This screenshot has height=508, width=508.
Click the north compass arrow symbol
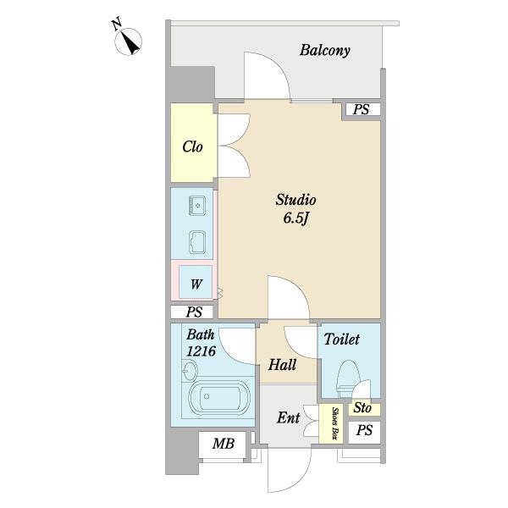coord(129,41)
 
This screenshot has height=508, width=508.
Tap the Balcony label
coord(324,50)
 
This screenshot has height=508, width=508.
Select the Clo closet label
coord(192,146)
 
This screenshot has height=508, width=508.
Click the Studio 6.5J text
coord(295,209)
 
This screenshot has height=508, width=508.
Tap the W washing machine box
coord(196,282)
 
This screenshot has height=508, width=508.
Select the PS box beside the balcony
coord(362,109)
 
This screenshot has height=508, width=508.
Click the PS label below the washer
coord(194,312)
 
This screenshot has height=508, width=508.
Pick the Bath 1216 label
coord(201,343)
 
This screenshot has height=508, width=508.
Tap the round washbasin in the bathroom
coord(189,371)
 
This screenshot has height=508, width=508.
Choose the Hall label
coord(282,365)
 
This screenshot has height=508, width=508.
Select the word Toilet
coord(341,340)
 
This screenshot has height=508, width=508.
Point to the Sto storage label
coord(362,407)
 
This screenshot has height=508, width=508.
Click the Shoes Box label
coord(334,423)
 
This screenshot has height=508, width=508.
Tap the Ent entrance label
coord(288,418)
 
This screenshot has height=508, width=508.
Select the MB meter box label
coord(224,444)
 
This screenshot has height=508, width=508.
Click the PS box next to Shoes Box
coord(364,432)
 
